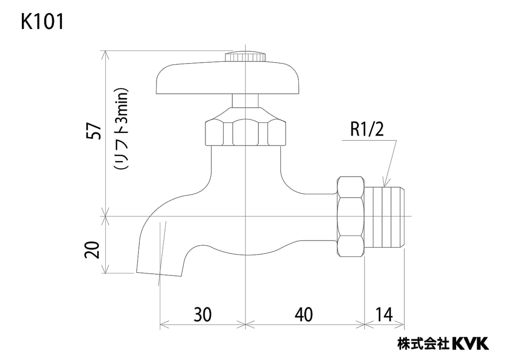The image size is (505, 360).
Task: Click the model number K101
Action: click(42, 22)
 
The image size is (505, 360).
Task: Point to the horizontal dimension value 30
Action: click(202, 314)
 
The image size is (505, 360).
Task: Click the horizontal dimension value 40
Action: click(304, 314)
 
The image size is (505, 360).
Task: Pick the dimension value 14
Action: click(384, 314)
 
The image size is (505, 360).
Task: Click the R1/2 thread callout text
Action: click(367, 131)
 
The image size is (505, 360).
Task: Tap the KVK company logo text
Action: click(470, 343)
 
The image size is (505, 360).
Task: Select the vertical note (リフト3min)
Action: click(121, 129)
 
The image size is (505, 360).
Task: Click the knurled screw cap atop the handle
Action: click(245, 56)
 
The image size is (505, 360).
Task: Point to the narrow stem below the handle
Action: click(245, 101)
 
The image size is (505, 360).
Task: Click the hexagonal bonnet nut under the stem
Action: click(245, 132)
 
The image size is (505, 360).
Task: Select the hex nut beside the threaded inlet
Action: click(351, 216)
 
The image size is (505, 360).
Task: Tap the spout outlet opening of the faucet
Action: click(159, 274)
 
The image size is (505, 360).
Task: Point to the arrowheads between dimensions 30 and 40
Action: click(245, 324)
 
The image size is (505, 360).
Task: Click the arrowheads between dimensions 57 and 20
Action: click(105, 216)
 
